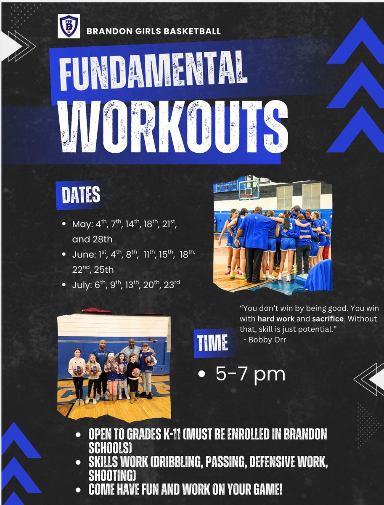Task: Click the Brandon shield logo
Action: point(68,26)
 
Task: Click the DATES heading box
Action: point(81,195)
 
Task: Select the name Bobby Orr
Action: point(267,340)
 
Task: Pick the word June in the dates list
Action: point(82,255)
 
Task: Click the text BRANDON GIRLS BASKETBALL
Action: point(154,31)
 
